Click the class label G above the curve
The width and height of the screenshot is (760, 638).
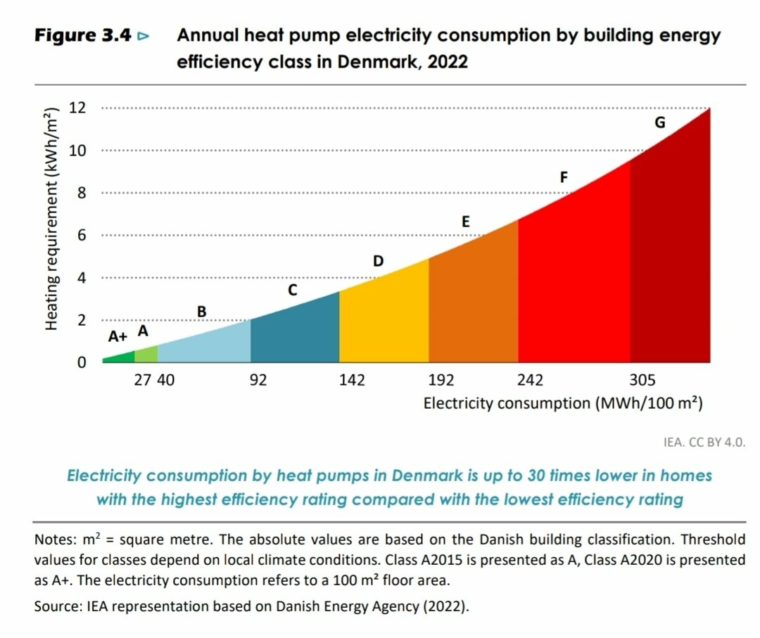coord(659,122)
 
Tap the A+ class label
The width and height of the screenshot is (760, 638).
coord(118,337)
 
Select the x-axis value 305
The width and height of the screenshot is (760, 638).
coord(642,381)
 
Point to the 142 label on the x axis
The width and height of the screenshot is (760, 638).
coord(352,381)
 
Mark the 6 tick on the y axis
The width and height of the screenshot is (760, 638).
coord(82,236)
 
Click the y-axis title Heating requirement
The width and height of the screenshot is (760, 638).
coord(51,219)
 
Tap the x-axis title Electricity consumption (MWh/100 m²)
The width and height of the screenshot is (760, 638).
coord(563,404)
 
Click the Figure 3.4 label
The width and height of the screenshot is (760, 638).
coord(83,36)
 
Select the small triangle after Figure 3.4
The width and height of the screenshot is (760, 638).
coord(144,36)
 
